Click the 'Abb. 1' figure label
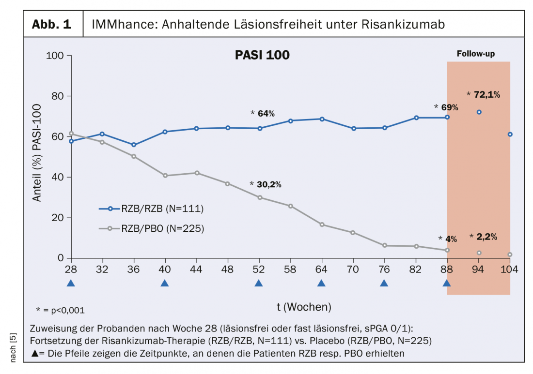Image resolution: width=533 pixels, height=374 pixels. click(x=51, y=24)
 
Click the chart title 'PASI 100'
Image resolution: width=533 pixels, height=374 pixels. click(x=262, y=55)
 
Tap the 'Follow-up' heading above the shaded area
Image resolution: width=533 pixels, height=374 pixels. click(x=478, y=54)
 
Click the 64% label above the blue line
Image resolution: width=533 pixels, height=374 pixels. click(x=266, y=114)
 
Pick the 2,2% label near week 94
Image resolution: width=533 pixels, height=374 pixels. click(x=486, y=237)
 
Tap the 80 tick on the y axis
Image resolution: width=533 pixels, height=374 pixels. click(x=58, y=96)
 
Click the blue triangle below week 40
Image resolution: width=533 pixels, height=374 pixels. click(x=165, y=283)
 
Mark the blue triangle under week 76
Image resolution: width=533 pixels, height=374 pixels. click(x=384, y=283)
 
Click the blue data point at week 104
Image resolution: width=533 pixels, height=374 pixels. click(x=510, y=135)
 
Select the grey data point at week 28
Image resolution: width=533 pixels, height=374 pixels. click(x=71, y=134)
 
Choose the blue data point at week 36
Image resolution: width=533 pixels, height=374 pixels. click(x=134, y=145)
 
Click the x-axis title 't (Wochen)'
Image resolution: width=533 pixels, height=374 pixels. click(x=304, y=306)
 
